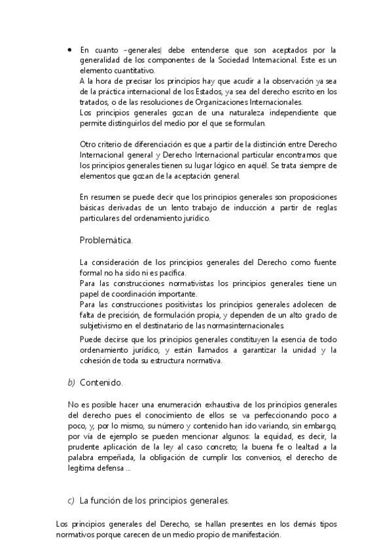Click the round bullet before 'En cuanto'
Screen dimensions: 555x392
point(70,50)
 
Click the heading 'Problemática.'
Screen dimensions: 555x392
point(106,240)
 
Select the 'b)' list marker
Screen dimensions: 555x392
point(71,382)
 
